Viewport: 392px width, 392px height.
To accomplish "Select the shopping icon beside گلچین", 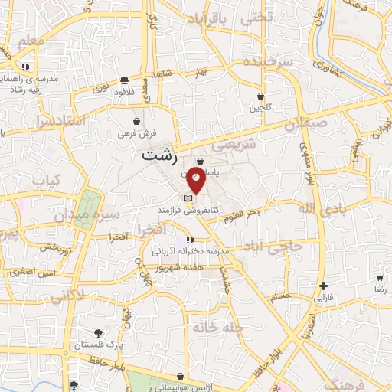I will click(x=261, y=96).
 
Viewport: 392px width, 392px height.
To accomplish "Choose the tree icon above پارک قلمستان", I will click(x=98, y=332).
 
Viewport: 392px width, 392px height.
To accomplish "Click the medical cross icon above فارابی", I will click(x=325, y=285).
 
